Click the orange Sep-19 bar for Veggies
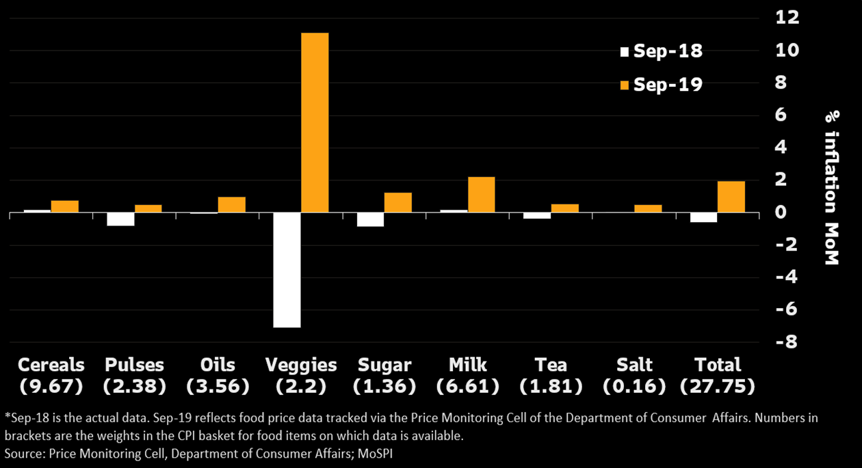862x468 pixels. point(315,123)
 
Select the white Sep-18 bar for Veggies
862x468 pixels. point(287,270)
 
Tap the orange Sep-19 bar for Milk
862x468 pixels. point(481,195)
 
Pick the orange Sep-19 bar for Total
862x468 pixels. point(731,197)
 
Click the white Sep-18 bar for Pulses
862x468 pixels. point(120,219)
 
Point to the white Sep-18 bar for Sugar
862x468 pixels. point(370,219)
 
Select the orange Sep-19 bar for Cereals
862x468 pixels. point(65,206)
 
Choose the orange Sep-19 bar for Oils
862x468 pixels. point(231,205)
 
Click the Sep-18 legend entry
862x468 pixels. point(661,51)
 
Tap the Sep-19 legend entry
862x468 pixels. point(661,85)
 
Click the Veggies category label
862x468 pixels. point(301,365)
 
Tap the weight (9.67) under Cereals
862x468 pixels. point(51,387)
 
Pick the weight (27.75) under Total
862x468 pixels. point(718,387)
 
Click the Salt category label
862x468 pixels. point(634,365)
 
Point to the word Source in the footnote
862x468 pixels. point(23,453)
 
